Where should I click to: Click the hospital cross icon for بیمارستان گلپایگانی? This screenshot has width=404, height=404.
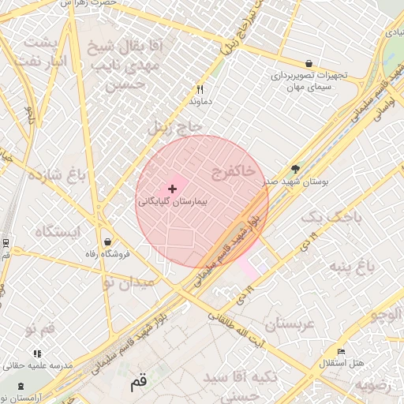pos(172,189)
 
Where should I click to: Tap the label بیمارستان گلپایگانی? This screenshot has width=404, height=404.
pos(172,202)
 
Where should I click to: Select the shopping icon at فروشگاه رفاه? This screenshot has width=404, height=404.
pos(107,241)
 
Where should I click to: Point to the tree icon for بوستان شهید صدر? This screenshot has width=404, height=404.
pos(296,168)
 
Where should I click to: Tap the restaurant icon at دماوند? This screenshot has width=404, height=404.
pos(200,90)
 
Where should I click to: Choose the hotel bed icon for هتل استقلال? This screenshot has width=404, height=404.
pos(341,351)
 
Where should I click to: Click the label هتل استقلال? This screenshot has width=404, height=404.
pos(340,363)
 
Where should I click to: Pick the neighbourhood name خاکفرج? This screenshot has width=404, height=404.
pos(233,170)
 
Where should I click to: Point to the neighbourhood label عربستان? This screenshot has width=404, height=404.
pos(290,324)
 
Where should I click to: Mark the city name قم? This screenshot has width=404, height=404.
pos(138,382)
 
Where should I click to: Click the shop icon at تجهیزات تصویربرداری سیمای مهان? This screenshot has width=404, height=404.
pos(308,63)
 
